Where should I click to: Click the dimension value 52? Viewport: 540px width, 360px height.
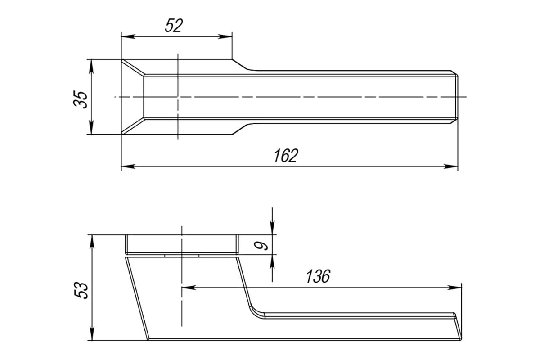(174, 26)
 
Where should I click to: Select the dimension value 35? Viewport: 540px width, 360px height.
(81, 99)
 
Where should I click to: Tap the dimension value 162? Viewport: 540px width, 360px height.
(286, 156)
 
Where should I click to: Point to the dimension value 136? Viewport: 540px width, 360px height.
(318, 276)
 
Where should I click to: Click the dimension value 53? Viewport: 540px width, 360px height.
(81, 290)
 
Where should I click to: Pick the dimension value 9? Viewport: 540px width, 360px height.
(261, 246)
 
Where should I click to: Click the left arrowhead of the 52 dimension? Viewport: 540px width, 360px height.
(128, 36)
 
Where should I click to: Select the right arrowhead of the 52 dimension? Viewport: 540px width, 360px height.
(225, 36)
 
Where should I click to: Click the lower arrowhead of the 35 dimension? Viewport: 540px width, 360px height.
(91, 127)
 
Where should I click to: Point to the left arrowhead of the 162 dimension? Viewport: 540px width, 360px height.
(128, 166)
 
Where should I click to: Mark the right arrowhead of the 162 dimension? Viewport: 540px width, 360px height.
(451, 166)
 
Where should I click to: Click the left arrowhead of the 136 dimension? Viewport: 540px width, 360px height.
(189, 288)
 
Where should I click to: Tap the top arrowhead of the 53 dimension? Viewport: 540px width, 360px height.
(92, 241)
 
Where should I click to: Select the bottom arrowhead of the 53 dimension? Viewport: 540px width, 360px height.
(92, 333)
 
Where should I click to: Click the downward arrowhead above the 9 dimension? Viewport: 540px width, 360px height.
(272, 228)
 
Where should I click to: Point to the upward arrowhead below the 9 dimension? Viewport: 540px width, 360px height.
(272, 261)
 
